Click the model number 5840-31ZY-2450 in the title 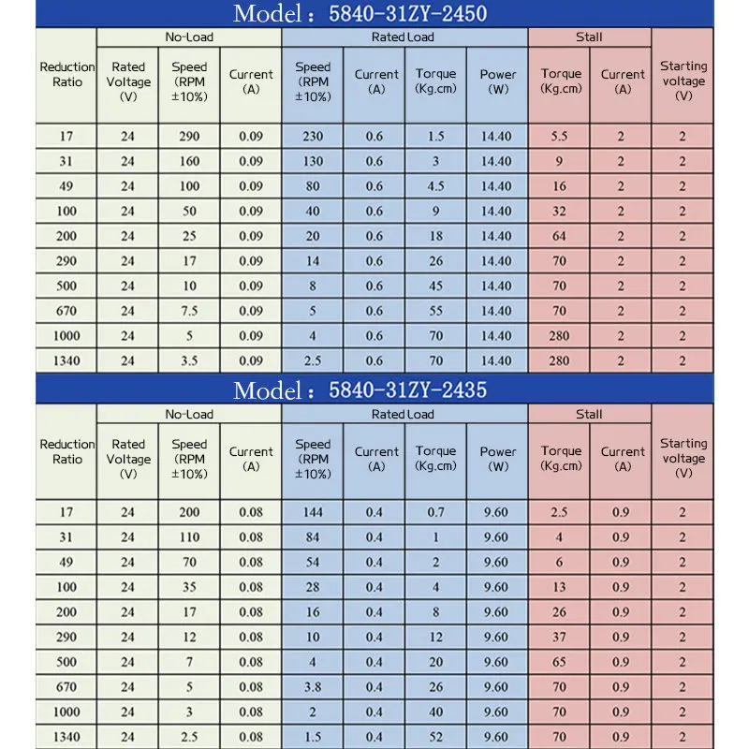point(408,13)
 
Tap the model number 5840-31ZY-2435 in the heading point(408,389)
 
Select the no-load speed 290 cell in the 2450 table point(189,136)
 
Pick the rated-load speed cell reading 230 point(313,136)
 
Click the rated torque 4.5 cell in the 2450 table point(435,185)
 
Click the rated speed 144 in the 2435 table point(313,512)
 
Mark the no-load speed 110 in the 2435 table point(189,537)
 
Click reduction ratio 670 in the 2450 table point(66,311)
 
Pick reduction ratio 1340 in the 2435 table point(66,736)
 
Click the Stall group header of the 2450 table point(589,37)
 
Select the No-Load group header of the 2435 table point(189,414)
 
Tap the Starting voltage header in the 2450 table point(683,81)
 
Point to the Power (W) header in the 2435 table point(498,459)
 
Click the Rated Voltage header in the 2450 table point(128,81)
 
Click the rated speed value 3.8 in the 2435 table point(313,686)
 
